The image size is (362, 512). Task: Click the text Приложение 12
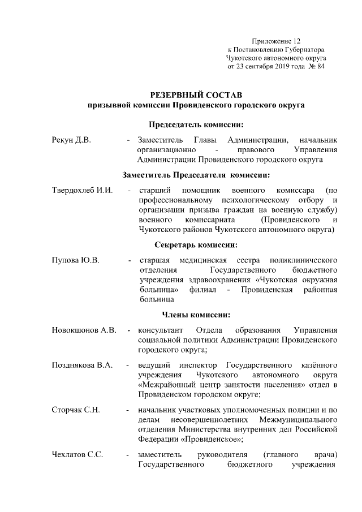[x=275, y=41]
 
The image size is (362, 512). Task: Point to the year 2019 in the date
[x=276, y=67]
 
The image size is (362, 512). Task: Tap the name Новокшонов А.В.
[x=84, y=331]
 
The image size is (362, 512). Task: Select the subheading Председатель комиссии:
[x=196, y=124]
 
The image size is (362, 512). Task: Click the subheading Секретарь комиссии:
[x=196, y=245]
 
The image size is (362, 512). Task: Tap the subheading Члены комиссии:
[x=196, y=315]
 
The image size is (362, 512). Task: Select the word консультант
[x=160, y=331]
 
